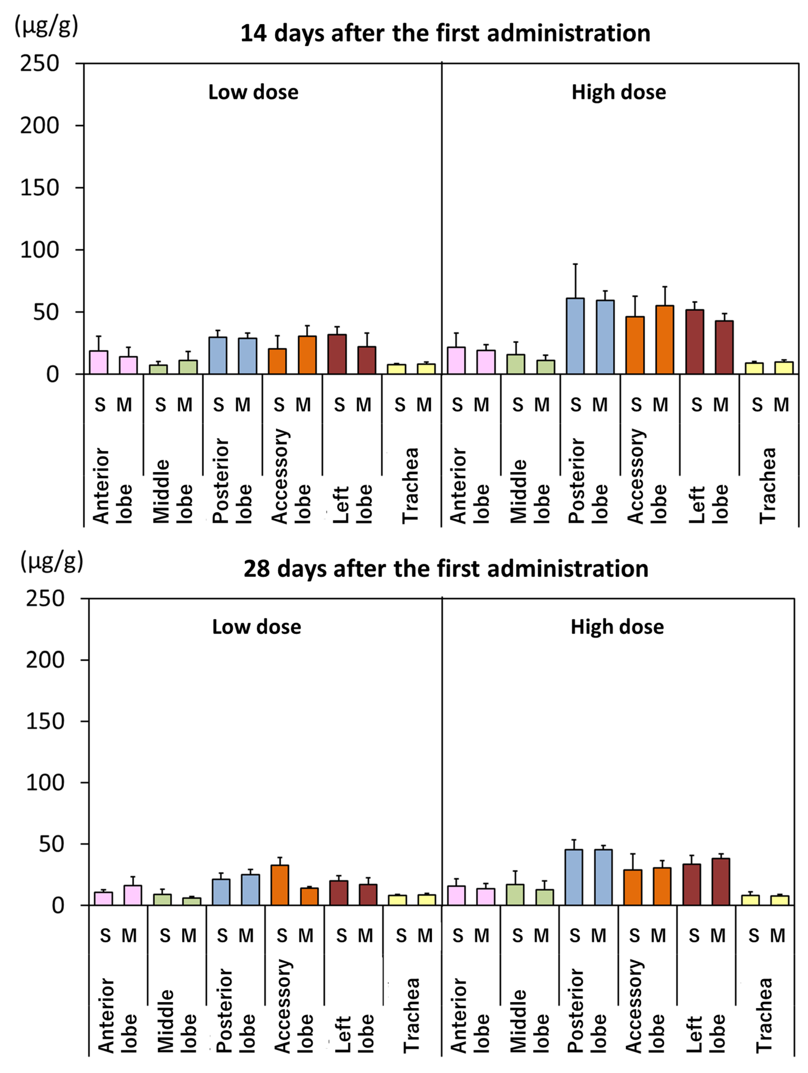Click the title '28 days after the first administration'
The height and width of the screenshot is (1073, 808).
point(446,569)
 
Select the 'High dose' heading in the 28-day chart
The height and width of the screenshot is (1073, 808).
point(617,627)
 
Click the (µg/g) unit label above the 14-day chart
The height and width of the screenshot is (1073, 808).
point(46,25)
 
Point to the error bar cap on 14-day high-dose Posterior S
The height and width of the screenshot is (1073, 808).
point(575,264)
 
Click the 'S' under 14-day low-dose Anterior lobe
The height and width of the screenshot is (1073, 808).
point(100,404)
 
